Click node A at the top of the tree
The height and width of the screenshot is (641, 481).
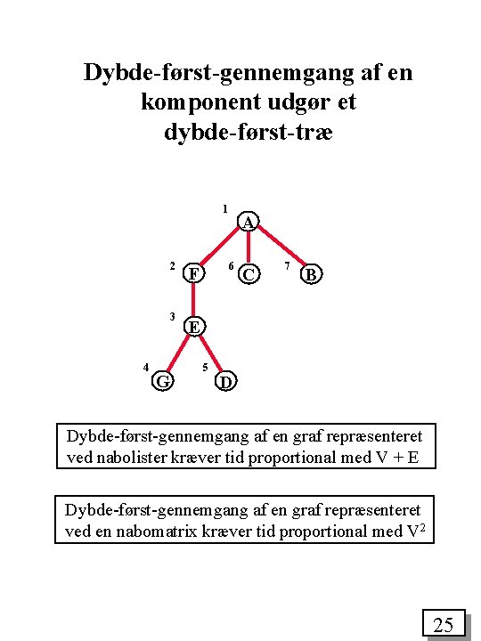(249, 221)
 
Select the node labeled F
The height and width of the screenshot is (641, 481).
(193, 272)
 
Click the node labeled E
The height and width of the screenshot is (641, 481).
(193, 326)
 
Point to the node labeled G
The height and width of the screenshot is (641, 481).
(162, 381)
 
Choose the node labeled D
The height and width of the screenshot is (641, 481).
(226, 381)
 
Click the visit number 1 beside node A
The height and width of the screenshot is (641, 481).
(225, 210)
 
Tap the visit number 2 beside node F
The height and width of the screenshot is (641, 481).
(172, 266)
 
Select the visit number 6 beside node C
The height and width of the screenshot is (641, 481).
(231, 266)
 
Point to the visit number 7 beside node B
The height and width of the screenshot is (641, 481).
(287, 266)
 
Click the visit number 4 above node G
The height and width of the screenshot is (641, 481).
(145, 367)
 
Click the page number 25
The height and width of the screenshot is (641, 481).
(444, 625)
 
